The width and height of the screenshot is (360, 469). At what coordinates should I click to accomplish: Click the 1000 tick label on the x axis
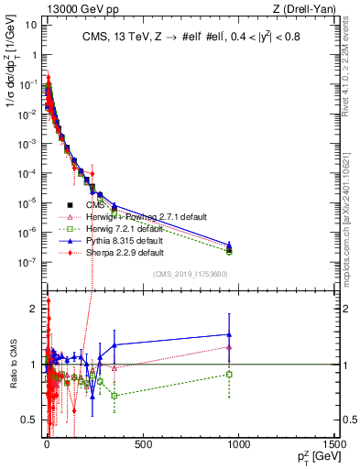click(238, 445)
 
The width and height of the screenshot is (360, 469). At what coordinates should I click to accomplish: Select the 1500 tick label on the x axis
click(333, 445)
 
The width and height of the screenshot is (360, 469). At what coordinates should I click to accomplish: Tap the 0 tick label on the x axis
click(46, 445)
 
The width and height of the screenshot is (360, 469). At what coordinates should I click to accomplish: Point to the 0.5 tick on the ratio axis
click(29, 420)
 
